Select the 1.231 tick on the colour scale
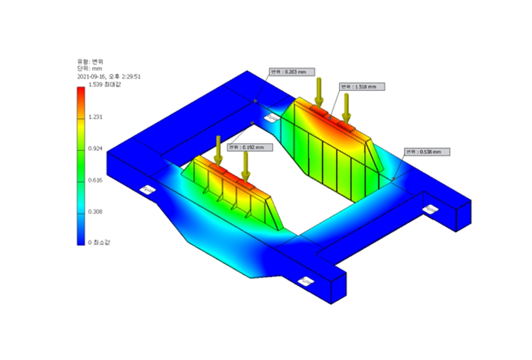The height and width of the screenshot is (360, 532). (95, 117)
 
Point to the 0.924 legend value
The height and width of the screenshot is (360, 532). (95, 148)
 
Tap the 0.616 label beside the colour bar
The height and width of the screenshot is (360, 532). (95, 180)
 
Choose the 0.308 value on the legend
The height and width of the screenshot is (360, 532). (95, 211)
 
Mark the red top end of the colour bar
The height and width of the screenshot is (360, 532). (81, 90)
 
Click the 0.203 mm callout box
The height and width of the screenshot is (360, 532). (292, 72)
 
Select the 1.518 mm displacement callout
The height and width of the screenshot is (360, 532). (362, 87)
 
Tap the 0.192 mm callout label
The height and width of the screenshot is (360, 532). (250, 147)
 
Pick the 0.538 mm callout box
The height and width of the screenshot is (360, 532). (427, 152)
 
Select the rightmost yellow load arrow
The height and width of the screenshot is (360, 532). (347, 108)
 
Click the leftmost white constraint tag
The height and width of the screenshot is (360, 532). (148, 190)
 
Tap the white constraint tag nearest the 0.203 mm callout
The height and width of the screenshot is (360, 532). (271, 118)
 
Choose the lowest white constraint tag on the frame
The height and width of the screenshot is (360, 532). (306, 281)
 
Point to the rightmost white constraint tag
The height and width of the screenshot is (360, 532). (430, 209)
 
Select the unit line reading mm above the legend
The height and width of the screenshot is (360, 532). (90, 69)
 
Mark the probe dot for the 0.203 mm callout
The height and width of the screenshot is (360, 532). (256, 100)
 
